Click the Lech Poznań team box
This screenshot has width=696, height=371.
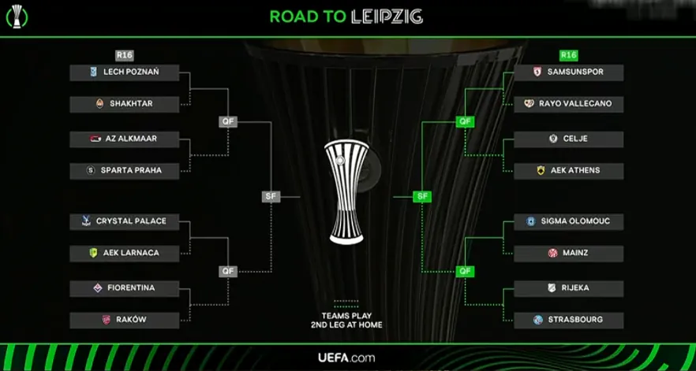pos(124,72)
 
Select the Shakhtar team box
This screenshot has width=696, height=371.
pos(124,104)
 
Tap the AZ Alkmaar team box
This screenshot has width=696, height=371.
pos(124,139)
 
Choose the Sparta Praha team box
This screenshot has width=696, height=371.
pos(124,171)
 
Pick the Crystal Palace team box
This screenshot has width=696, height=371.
pos(124,222)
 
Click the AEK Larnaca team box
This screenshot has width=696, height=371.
pos(124,254)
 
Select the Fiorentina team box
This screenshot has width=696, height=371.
pos(124,289)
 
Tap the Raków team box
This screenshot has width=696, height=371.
pos(124,321)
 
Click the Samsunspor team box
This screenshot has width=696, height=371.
pos(568,72)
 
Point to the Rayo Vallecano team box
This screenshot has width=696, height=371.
pos(568,104)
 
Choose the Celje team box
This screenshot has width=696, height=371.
pos(568,139)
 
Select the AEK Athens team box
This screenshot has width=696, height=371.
pos(568,171)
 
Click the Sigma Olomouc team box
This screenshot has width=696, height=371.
pos(568,222)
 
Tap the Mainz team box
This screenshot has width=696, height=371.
pos(568,254)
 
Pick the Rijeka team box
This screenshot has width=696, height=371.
pos(568,289)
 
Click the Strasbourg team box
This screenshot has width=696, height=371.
pos(568,321)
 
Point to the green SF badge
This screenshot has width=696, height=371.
pos(422,196)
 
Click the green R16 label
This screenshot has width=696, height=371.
pos(568,55)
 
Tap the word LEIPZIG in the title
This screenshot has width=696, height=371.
pos(387,17)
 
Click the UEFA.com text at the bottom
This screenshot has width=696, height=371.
pos(346,358)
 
